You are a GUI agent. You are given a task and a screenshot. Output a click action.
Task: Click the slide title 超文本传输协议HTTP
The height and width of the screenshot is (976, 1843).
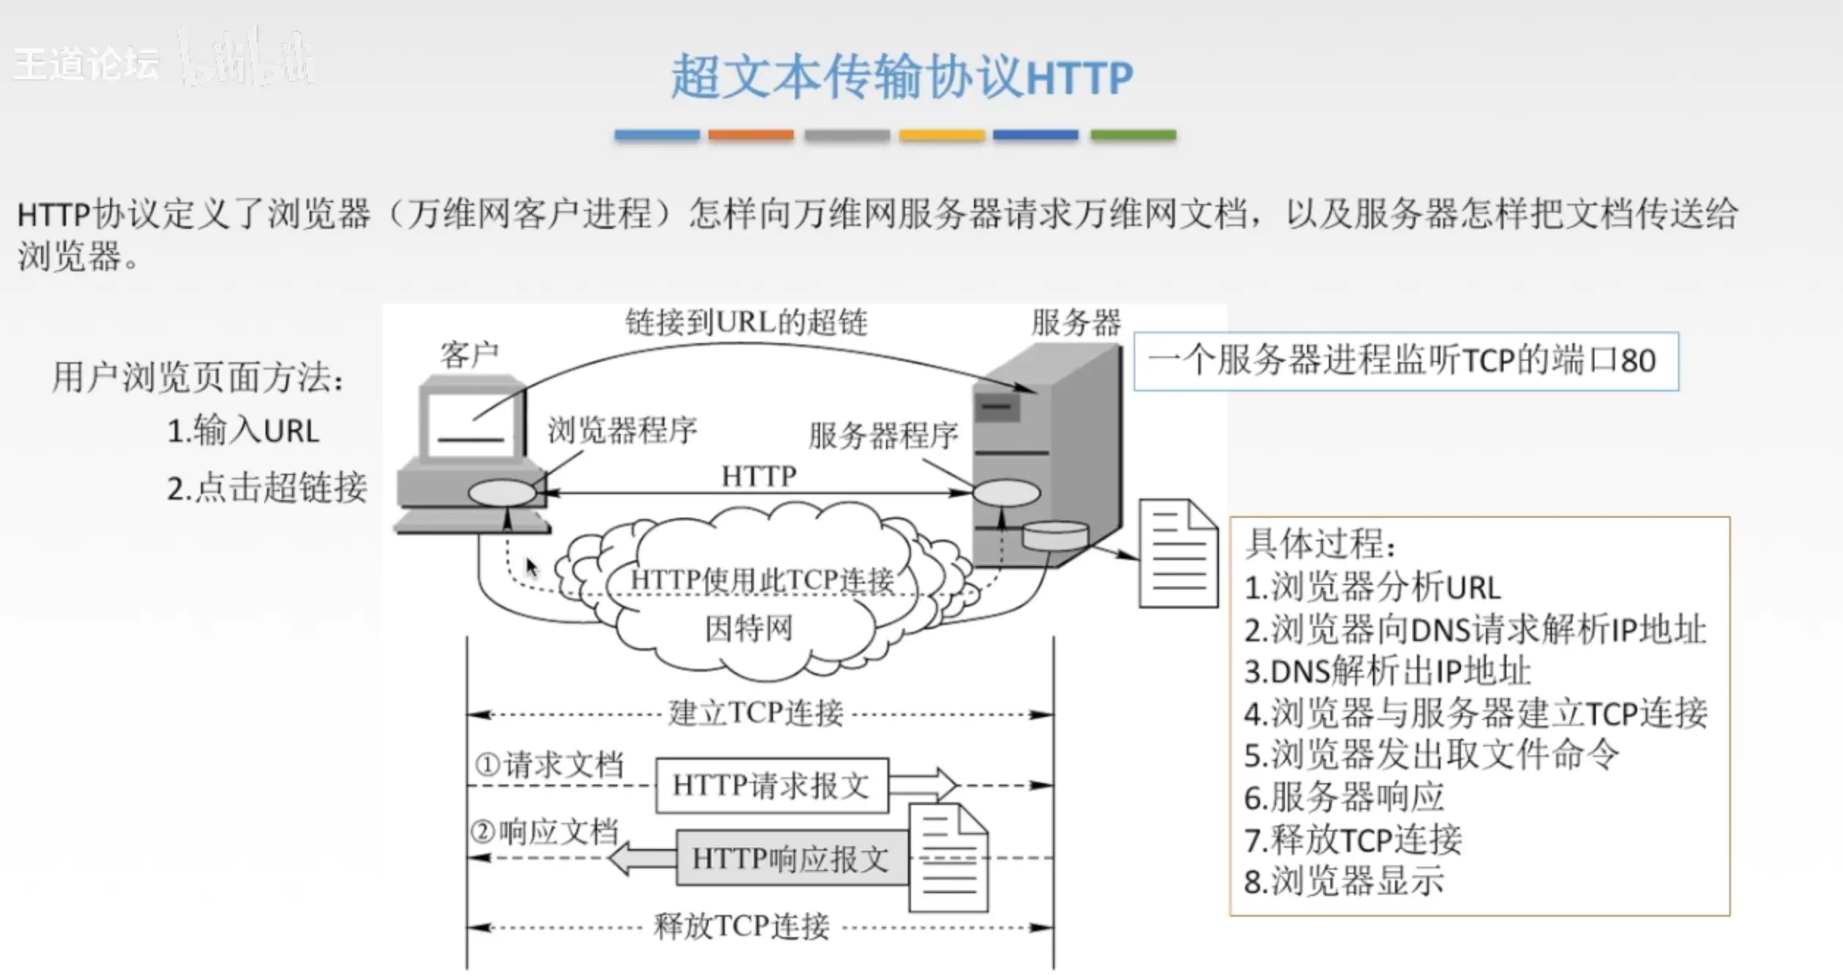point(901,77)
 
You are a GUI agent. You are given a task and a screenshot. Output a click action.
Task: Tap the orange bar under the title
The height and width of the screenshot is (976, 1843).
point(750,135)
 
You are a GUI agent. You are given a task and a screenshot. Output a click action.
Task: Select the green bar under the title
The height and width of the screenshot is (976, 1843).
point(1133,135)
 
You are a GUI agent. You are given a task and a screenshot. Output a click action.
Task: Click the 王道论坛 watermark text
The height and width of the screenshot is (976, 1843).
point(87,65)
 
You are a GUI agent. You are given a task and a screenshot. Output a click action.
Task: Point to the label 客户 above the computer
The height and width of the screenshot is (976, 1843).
point(469,356)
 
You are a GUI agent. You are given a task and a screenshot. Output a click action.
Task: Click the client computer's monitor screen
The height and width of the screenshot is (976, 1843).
point(471,425)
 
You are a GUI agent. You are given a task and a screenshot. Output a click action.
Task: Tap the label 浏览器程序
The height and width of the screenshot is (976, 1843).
point(622,430)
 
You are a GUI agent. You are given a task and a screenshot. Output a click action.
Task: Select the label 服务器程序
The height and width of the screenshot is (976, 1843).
point(883,436)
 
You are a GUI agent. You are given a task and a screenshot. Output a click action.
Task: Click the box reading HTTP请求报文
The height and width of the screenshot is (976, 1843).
point(772,785)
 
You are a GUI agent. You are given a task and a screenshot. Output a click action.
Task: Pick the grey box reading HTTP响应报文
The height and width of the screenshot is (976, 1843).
point(791,858)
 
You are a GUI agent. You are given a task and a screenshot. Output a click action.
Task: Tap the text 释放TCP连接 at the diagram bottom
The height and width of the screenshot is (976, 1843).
point(741,926)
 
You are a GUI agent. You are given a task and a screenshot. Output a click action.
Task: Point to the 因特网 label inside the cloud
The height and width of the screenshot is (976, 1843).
point(749,628)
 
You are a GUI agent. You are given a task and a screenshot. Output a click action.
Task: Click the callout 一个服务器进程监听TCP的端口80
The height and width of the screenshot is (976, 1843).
point(1405,362)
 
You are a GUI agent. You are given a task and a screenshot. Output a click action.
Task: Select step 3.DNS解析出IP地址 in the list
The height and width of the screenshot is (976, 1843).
point(1387,671)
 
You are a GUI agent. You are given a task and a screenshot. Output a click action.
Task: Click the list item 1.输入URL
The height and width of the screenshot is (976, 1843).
point(243,431)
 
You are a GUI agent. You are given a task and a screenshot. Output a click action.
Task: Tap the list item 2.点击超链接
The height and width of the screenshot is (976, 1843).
point(267,488)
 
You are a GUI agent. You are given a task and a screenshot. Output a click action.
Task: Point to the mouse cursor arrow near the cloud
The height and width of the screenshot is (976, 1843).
point(532,568)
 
